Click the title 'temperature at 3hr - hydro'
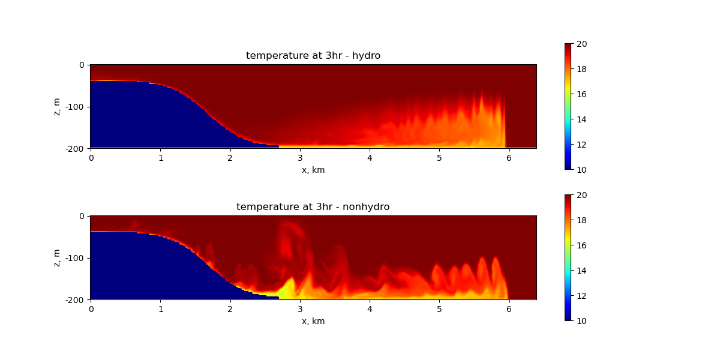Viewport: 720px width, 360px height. click(313, 56)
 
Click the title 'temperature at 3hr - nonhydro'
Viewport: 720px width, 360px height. click(313, 206)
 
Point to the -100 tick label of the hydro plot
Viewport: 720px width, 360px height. click(74, 107)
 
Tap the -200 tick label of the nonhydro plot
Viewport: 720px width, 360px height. click(74, 300)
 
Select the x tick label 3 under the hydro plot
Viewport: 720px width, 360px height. click(300, 158)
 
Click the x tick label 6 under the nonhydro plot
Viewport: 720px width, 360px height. click(509, 309)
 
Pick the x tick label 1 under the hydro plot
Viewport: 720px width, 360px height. click(161, 158)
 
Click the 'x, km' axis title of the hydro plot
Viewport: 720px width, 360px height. click(313, 170)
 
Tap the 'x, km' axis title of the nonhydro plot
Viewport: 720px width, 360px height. click(313, 321)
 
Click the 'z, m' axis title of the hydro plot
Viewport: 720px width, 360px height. click(56, 107)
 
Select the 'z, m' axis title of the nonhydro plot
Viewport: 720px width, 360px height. click(56, 258)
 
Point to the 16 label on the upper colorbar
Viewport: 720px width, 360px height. click(581, 94)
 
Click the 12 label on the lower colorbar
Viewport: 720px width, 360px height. click(581, 296)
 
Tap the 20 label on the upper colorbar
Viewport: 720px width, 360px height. click(581, 44)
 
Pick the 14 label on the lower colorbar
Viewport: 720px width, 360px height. click(581, 271)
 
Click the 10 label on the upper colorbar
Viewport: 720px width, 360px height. click(581, 170)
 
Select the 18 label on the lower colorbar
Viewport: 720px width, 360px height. click(581, 220)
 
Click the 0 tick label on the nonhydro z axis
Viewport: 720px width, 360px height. click(82, 217)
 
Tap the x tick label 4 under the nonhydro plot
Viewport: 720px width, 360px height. click(370, 309)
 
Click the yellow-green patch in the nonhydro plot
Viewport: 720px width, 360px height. click(287, 289)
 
